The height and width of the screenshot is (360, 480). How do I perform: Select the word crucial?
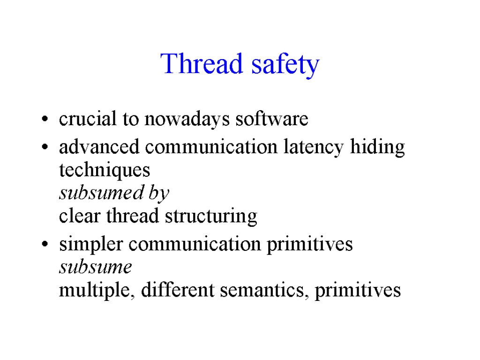point(88,119)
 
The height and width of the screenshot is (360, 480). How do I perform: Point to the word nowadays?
point(187,119)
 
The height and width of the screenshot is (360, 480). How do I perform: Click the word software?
point(272,119)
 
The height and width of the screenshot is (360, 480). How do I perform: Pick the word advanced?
point(99,147)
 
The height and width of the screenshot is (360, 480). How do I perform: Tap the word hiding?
point(377,147)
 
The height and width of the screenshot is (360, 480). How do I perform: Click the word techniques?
point(105,170)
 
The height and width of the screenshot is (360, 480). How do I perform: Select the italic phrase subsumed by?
point(114,193)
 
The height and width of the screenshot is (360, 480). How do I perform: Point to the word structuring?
point(211,216)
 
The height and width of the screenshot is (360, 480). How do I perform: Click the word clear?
point(80,216)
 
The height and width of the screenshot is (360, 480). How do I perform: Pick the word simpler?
point(91,244)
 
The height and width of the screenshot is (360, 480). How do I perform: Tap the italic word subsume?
point(96,267)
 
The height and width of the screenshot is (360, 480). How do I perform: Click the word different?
point(178,290)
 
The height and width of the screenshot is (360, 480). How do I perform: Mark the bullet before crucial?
point(45,119)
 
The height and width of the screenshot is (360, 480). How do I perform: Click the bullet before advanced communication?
point(45,147)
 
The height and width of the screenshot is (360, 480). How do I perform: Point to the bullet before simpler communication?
point(45,244)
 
